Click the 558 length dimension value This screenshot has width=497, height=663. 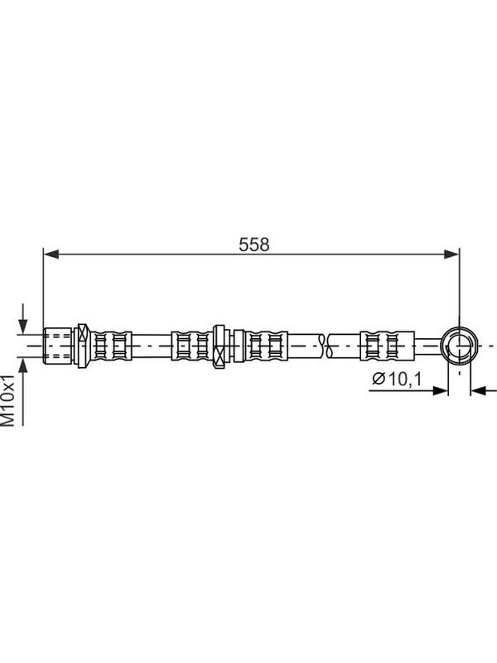pyautogui.click(x=253, y=244)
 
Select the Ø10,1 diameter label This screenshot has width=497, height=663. pyautogui.click(x=397, y=379)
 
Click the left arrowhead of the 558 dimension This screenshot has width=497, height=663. pyautogui.click(x=51, y=254)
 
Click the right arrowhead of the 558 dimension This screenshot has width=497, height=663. pyautogui.click(x=451, y=254)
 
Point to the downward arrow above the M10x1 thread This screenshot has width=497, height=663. pyautogui.click(x=23, y=318)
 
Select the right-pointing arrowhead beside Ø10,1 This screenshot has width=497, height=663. pyautogui.click(x=440, y=390)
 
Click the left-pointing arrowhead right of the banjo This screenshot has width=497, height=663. pyautogui.click(x=478, y=390)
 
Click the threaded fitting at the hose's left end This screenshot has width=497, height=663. pyautogui.click(x=58, y=346)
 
